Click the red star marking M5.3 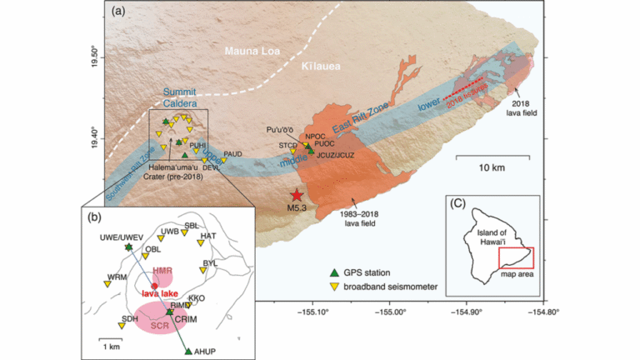pos(297,194)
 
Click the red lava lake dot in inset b pos(154,286)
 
